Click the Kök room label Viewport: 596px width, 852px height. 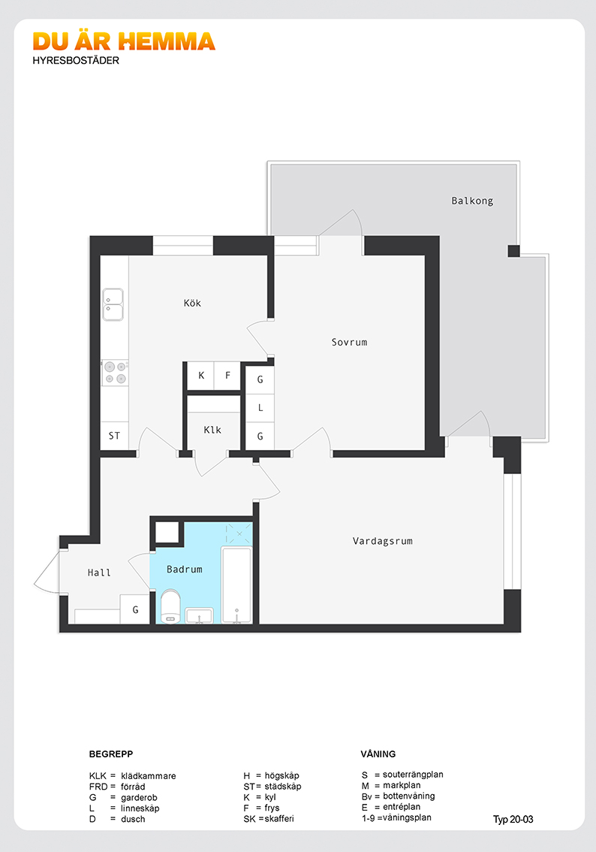tap(192, 304)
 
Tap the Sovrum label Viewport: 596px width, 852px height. tap(349, 343)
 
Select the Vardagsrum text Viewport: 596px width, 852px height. tap(383, 541)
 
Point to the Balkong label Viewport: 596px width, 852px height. tap(472, 201)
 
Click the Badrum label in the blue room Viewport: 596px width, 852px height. tap(185, 570)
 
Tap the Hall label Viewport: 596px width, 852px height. tap(99, 573)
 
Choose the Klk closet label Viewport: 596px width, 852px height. tap(212, 430)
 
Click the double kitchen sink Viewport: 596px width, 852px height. tap(113, 304)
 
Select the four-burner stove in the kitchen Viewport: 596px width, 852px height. tap(115, 373)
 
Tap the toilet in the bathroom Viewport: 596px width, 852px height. tap(170, 606)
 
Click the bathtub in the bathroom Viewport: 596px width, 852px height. tap(236, 585)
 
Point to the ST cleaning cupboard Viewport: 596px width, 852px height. tap(115, 436)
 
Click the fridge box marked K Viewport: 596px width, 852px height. tap(201, 376)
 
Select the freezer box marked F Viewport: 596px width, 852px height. tap(227, 376)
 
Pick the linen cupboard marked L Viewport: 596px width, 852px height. tap(260, 407)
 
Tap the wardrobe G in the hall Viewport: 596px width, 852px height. tap(135, 609)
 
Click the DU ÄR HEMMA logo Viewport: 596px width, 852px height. tap(124, 41)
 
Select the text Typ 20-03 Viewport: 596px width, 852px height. tap(513, 820)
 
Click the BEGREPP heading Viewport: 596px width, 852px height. tap(111, 754)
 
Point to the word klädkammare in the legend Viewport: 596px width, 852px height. tap(148, 776)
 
